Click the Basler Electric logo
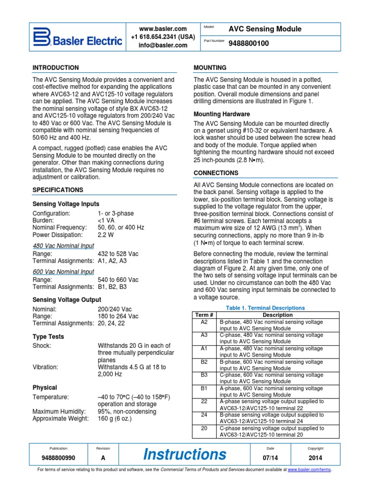point(77,37)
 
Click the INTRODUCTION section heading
point(55,68)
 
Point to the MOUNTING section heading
point(210,68)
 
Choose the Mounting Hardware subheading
point(222,114)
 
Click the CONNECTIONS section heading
point(216,173)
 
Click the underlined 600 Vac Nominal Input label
point(63,272)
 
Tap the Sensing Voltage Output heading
point(66,300)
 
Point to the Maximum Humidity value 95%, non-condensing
point(127,412)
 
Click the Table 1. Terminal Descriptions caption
point(265,308)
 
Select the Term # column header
point(204,315)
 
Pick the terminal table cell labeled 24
point(204,414)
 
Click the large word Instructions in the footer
point(185,454)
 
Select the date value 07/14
point(270,458)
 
